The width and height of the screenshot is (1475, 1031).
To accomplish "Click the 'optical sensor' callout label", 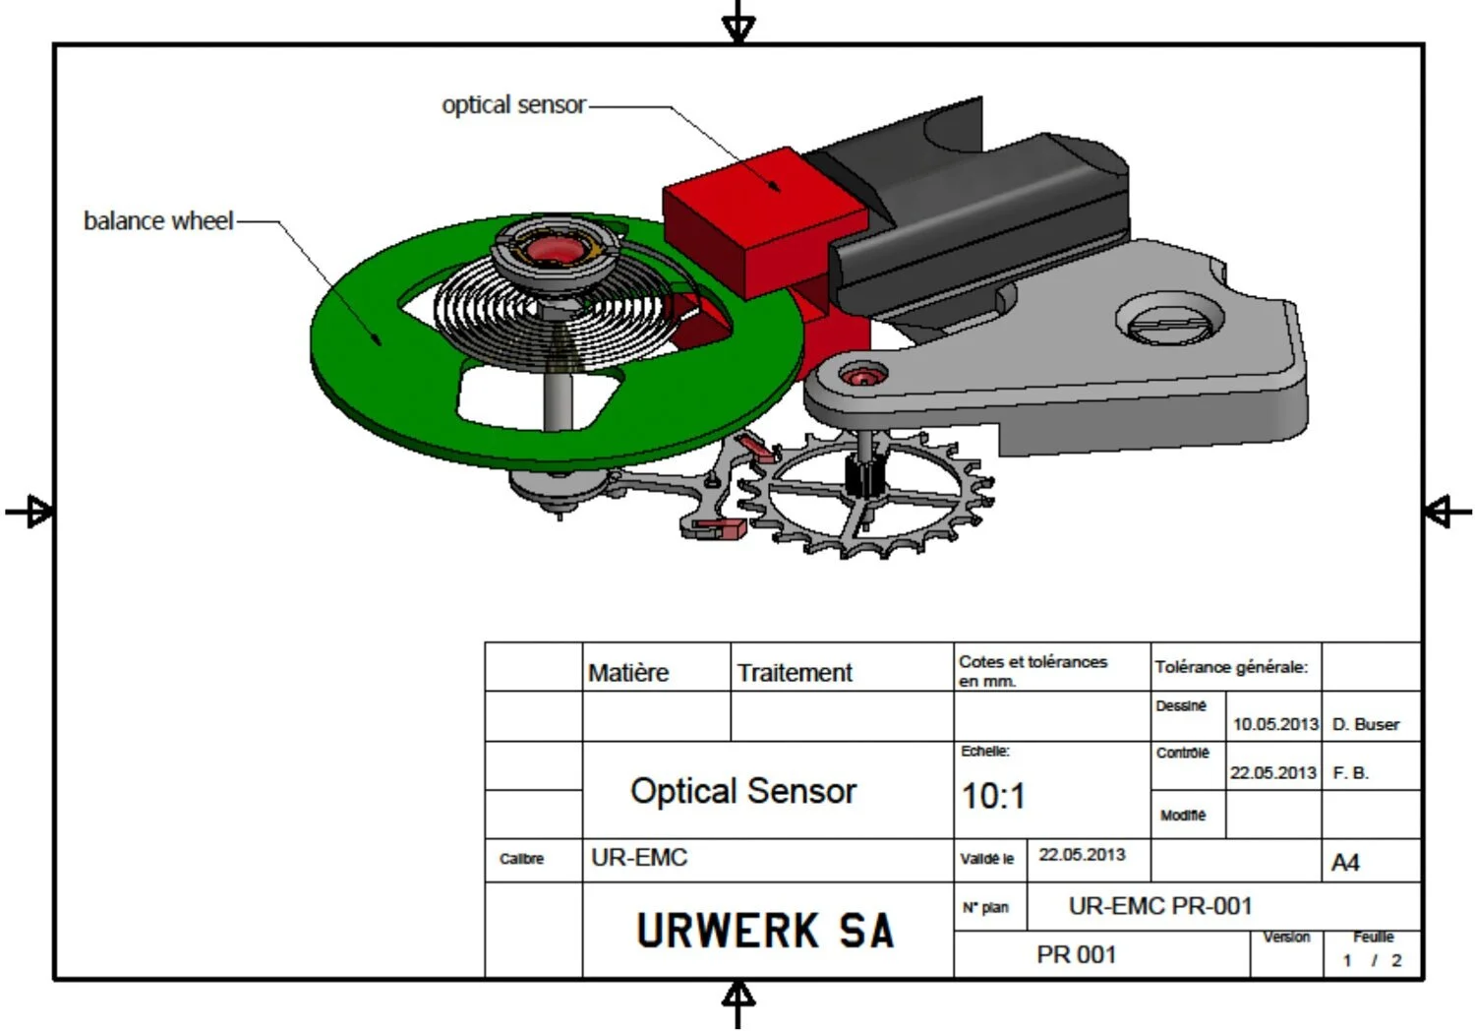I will point(513,105).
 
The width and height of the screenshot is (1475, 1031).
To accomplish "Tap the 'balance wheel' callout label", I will point(158,221).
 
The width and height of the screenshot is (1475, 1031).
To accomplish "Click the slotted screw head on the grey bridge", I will point(1169,322).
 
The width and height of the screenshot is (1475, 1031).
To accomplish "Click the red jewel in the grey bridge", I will point(862,376).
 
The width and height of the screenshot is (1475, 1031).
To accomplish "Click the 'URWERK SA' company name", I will point(765,931).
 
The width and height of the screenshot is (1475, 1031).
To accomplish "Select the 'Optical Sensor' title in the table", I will point(743,791).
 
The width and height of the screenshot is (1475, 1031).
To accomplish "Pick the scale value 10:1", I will point(993,796).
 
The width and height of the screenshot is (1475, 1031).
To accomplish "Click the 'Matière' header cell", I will point(628,673).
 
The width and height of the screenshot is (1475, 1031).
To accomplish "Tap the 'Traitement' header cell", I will point(795,673).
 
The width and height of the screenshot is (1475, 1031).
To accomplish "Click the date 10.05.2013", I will point(1275,724).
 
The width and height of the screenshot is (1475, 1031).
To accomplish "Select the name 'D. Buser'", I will point(1365,724).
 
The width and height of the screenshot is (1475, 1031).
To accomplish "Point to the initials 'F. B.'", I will point(1350,773).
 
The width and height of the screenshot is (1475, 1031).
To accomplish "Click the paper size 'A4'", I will point(1345,863).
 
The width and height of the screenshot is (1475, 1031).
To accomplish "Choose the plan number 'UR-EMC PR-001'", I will point(1160,906).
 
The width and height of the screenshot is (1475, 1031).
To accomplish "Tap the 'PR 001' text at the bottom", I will point(1077,954).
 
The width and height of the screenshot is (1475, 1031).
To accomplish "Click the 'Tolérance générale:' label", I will point(1231,667).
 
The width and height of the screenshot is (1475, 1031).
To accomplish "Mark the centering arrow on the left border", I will point(29,512).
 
